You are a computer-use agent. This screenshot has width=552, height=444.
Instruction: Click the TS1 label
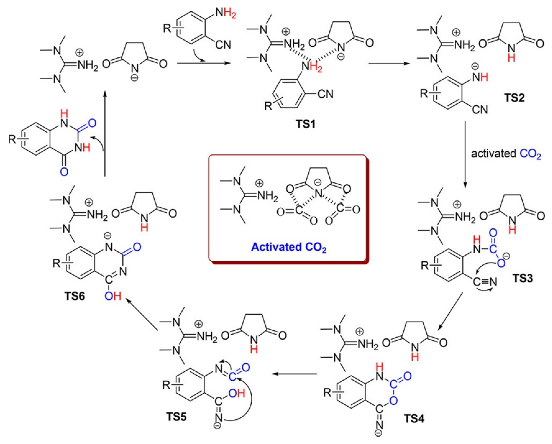tap(305, 125)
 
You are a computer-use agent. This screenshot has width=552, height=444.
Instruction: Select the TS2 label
tap(515, 98)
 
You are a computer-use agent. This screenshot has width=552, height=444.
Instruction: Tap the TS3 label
tap(523, 278)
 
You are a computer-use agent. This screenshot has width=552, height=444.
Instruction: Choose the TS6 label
tap(75, 296)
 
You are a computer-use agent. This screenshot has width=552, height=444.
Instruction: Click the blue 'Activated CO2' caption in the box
tap(289, 247)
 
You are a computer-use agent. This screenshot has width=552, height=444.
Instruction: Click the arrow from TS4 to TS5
tap(294, 374)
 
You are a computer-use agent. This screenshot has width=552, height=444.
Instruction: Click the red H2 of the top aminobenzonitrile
tap(230, 13)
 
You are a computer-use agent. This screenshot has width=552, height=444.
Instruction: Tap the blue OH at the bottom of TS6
tap(113, 296)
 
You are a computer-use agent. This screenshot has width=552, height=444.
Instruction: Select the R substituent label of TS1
tap(268, 106)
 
